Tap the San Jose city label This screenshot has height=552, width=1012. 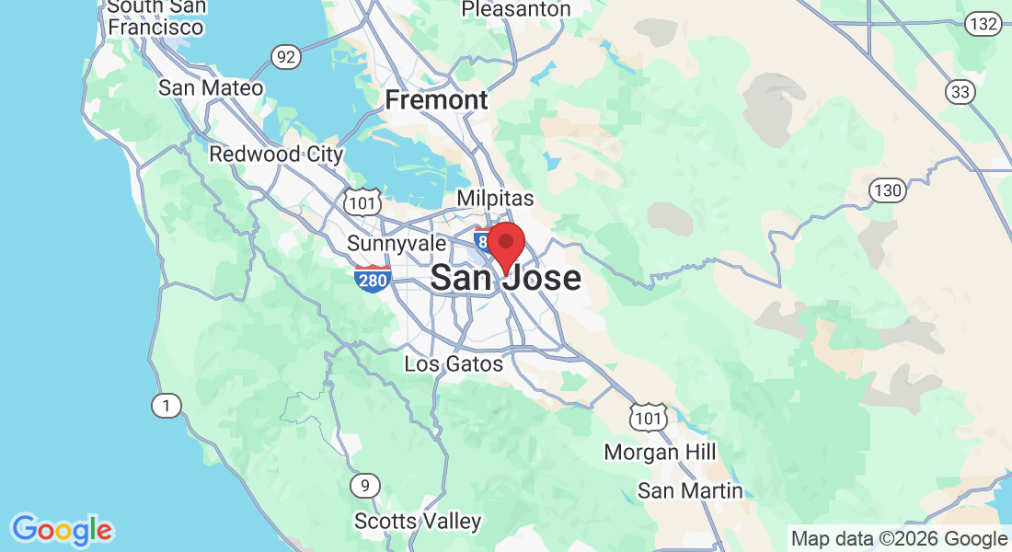click(505, 277)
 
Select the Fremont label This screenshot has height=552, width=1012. click(436, 99)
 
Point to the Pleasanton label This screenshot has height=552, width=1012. click(515, 9)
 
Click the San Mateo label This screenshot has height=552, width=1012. click(211, 88)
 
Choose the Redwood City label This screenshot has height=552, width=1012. click(276, 154)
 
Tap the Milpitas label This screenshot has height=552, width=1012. click(495, 199)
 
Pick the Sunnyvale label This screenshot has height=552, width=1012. click(397, 244)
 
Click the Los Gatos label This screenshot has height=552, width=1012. click(454, 364)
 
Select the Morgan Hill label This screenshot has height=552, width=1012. click(660, 453)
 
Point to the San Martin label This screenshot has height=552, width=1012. click(690, 491)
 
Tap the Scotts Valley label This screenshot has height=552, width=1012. click(418, 522)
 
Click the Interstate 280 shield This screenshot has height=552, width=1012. click(372, 278)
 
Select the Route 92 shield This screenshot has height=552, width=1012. click(286, 58)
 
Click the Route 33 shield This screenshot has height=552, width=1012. click(960, 91)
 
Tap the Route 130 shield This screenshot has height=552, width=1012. click(888, 190)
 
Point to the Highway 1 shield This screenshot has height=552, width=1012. click(166, 406)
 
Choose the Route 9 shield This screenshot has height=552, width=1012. click(365, 485)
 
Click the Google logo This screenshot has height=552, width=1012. click(62, 529)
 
